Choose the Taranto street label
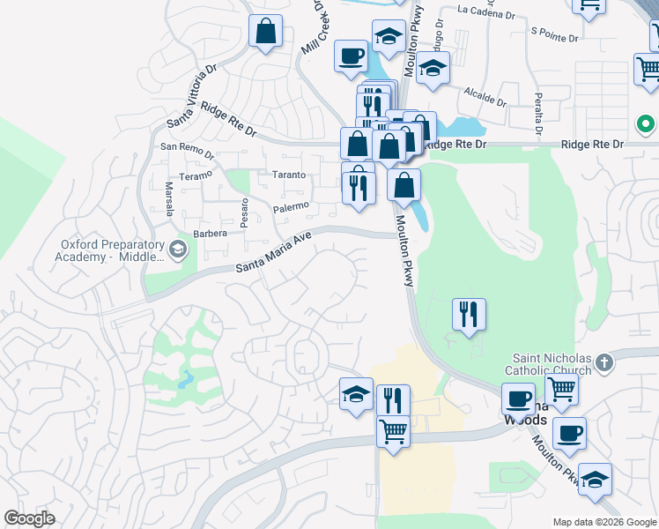(288, 175)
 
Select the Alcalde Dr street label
(485, 95)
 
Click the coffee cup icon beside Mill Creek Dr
(351, 56)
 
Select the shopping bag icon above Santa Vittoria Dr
(265, 32)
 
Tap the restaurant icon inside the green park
(470, 313)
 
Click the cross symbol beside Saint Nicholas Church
(604, 362)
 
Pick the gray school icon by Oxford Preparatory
(179, 250)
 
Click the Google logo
(29, 518)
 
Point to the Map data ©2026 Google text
(603, 522)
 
